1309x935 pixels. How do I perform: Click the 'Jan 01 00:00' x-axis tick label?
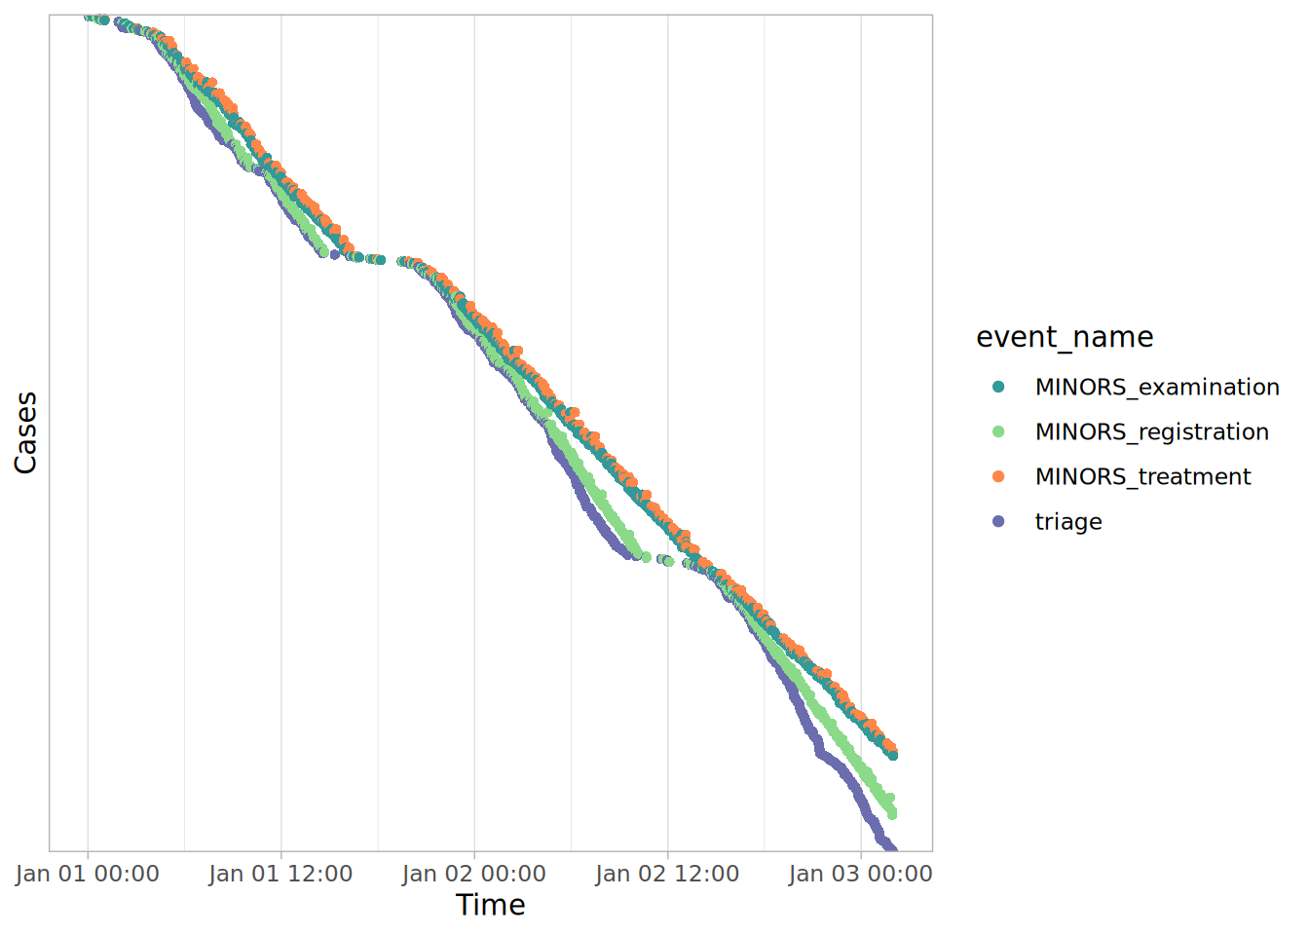pos(88,874)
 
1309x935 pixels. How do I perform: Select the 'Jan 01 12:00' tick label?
pos(280,874)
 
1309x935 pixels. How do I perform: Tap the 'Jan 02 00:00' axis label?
pos(474,874)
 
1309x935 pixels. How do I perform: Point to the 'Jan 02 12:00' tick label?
pos(667,874)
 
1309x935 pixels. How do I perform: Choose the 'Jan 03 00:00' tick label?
pos(861,874)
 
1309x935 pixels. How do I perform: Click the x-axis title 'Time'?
pos(491,905)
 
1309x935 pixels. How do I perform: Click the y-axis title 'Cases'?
pos(25,432)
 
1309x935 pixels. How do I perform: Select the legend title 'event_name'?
pos(1065,337)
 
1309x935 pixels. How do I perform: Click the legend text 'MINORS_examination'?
pos(1157,387)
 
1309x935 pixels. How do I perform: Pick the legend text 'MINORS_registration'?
pos(1152,431)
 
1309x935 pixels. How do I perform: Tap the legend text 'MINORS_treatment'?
pos(1142,476)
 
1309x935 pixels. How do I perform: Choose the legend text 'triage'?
pos(1068,521)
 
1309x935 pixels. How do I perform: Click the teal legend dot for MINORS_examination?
pos(998,387)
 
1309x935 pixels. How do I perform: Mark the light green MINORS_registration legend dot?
pos(998,431)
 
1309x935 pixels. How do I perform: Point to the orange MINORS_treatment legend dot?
pos(998,476)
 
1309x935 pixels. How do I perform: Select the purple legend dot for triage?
pos(998,521)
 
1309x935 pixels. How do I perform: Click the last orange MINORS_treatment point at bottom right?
pos(890,746)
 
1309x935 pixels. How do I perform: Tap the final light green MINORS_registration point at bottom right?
pos(891,813)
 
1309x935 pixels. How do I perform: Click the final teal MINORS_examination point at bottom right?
pos(892,755)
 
